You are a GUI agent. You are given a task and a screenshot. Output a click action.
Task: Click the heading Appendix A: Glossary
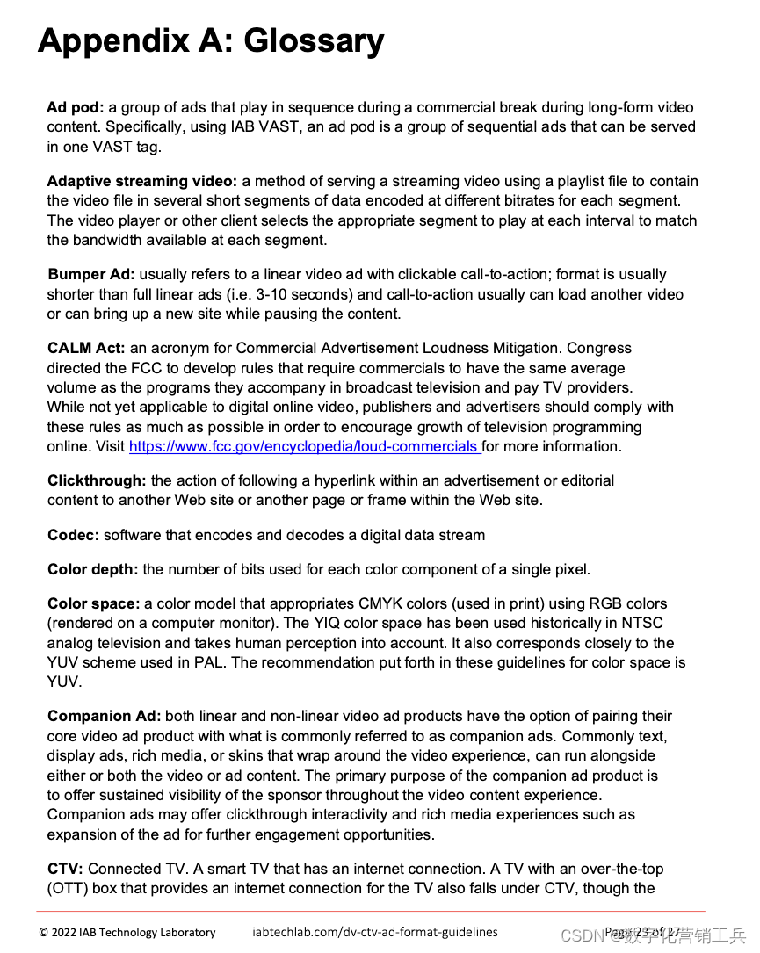211,41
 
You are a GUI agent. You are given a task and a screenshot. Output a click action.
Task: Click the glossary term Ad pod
76,107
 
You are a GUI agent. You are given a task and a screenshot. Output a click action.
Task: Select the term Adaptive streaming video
141,181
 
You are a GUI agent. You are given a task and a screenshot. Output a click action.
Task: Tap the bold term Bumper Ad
91,274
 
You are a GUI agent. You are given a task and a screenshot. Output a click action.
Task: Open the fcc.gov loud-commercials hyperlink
304,446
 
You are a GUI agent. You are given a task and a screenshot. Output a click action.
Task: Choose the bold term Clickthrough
97,480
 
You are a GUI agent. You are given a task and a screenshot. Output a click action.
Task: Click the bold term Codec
73,535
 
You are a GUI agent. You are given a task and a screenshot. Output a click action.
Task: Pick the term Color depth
92,569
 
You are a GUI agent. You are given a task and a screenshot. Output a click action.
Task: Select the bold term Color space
93,603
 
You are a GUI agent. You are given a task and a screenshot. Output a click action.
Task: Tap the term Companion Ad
104,716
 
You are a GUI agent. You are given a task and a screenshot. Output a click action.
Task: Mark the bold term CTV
65,869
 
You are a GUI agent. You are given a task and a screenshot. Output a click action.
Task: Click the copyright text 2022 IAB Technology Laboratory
127,932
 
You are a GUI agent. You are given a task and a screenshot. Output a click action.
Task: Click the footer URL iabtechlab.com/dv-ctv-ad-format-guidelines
375,932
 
